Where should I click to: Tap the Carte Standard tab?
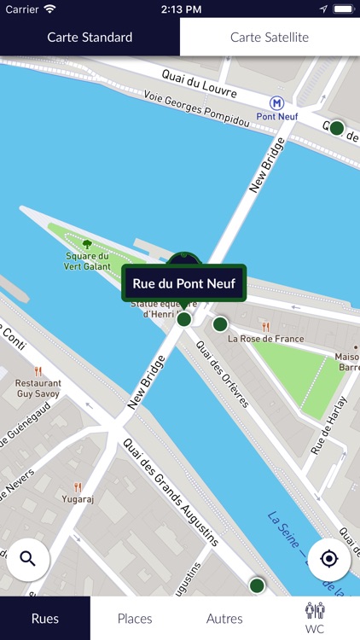click(x=90, y=38)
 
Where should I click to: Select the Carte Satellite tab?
click(x=270, y=38)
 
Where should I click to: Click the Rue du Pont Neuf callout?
click(x=183, y=282)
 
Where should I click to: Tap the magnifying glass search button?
click(x=28, y=559)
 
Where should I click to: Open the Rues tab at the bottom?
click(x=45, y=619)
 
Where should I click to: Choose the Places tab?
click(x=135, y=619)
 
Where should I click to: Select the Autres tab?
click(x=224, y=619)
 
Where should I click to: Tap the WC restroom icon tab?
click(x=315, y=618)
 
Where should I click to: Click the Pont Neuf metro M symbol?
click(x=276, y=102)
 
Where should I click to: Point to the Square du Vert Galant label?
click(x=86, y=260)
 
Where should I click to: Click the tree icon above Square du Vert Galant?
click(x=86, y=244)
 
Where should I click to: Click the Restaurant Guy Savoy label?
click(x=38, y=389)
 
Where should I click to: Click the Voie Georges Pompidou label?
click(x=196, y=109)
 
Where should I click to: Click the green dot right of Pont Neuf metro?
click(x=337, y=128)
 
